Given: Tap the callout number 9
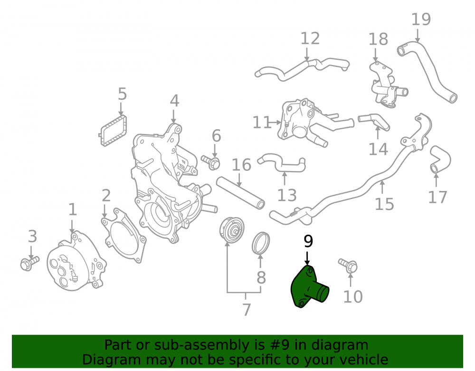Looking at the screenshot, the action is (308, 241).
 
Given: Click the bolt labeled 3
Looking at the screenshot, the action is (29, 263).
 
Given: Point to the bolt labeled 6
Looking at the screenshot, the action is (211, 162).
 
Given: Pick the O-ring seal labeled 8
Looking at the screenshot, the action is (261, 243).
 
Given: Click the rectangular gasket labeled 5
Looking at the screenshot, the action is (113, 131).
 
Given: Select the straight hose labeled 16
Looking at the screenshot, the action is (240, 193).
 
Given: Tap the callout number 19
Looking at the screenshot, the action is (421, 19).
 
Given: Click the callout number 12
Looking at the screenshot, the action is (310, 38).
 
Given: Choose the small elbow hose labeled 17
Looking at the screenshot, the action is (440, 159).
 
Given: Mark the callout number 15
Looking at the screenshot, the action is (384, 204).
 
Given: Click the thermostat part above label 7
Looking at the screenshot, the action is (232, 230).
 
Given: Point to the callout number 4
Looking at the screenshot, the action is (174, 101).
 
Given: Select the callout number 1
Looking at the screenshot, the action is (72, 209).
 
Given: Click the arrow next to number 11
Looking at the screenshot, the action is (275, 123).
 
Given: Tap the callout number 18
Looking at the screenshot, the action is (378, 39).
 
